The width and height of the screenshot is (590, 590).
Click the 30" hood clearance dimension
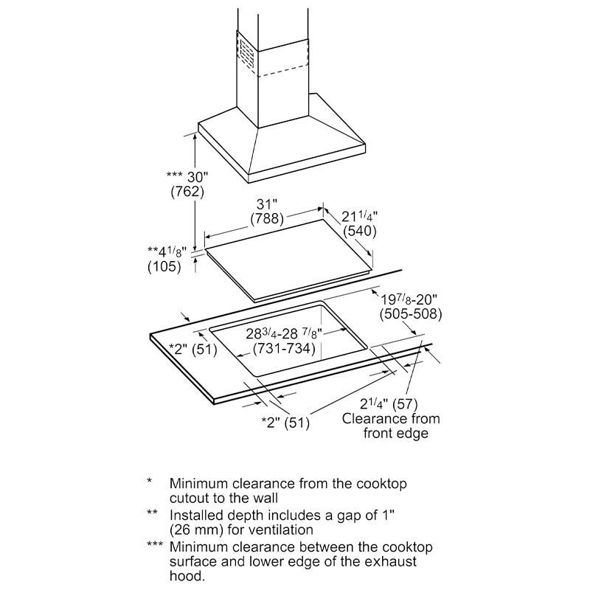pyautogui.click(x=187, y=177)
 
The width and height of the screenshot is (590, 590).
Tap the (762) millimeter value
pyautogui.click(x=187, y=192)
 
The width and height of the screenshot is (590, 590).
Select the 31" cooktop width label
pyautogui.click(x=267, y=204)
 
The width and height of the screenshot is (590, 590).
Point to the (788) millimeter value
pyautogui.click(x=267, y=218)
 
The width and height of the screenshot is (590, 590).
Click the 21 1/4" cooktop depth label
pyautogui.click(x=360, y=217)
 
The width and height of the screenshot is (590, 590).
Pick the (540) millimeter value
pyautogui.click(x=360, y=231)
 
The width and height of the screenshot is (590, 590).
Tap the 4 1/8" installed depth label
pyautogui.click(x=167, y=251)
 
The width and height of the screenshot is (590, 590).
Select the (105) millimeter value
pyautogui.click(x=164, y=266)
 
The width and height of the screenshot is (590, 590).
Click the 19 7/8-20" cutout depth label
pyautogui.click(x=409, y=300)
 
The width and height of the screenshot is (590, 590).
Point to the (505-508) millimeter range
pyautogui.click(x=411, y=314)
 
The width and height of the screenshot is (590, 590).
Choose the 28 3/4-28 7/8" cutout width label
pyautogui.click(x=284, y=334)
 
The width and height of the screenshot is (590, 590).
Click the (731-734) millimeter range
pyautogui.click(x=284, y=348)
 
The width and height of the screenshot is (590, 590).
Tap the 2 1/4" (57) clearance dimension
pyautogui.click(x=389, y=404)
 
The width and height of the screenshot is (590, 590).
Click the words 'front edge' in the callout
pyautogui.click(x=396, y=433)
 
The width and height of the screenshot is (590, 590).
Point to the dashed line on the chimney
pyautogui.click(x=283, y=72)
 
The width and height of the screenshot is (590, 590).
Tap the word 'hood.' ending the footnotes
pyautogui.click(x=187, y=576)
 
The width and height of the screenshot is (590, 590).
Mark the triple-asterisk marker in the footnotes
pyautogui.click(x=155, y=544)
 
